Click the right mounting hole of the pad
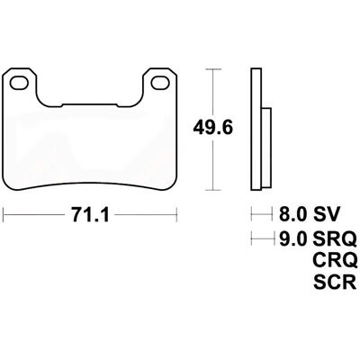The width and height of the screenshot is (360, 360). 159,83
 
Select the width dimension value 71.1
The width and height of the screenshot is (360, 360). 90,215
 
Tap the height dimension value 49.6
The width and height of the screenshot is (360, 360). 212,129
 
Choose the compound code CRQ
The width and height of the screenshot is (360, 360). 335,260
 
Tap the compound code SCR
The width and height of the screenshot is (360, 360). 335,283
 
